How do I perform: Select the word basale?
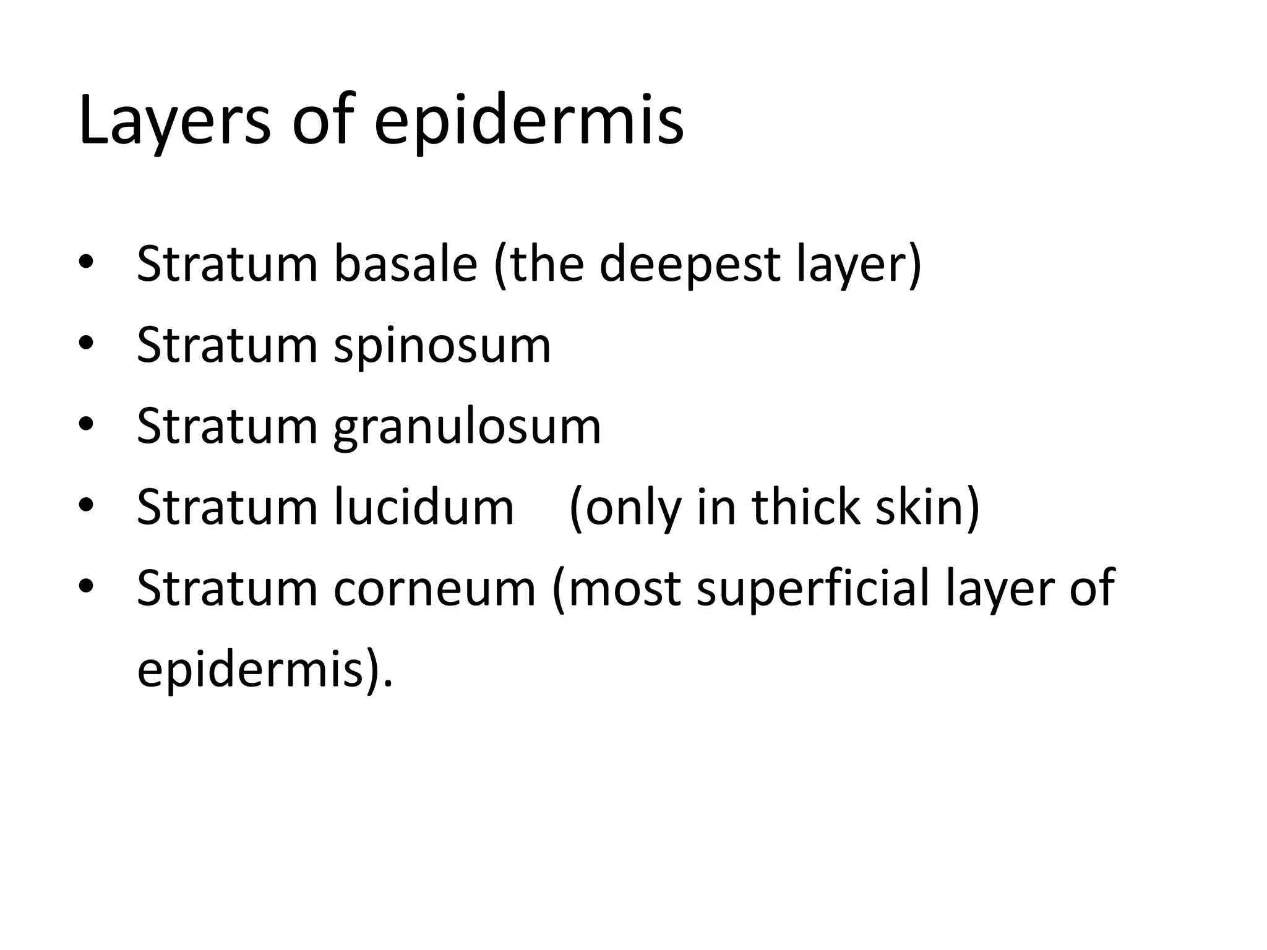tap(406, 264)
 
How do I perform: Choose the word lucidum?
tap(424, 507)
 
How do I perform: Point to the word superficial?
tap(814, 588)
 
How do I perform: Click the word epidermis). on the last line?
tap(265, 669)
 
